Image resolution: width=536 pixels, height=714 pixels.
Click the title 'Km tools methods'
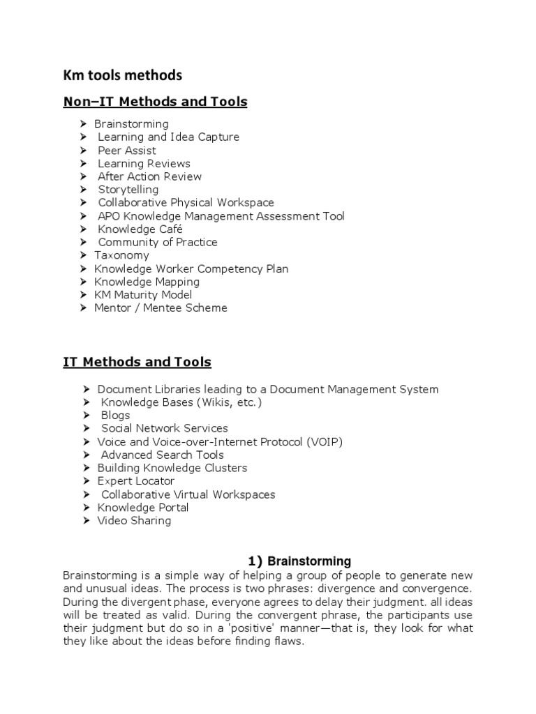coord(122,75)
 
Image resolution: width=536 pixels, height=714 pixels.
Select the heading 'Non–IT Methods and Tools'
coord(155,102)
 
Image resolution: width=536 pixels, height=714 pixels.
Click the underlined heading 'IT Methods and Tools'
coord(137,362)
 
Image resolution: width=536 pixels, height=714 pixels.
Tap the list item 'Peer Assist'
coord(126,151)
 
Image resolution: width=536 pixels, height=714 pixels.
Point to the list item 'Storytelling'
coord(128,190)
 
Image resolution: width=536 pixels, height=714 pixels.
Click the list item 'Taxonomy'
coord(121,255)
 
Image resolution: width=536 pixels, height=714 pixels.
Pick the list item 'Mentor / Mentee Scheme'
coord(161,307)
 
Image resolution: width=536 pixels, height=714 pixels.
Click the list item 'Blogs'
coord(115,416)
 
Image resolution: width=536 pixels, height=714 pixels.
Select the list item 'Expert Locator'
coord(136,481)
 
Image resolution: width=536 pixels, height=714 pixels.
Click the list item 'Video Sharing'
coord(134,521)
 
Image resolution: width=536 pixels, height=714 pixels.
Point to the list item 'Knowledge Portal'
coord(143,508)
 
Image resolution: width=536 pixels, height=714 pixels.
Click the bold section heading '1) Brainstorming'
coord(300,561)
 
